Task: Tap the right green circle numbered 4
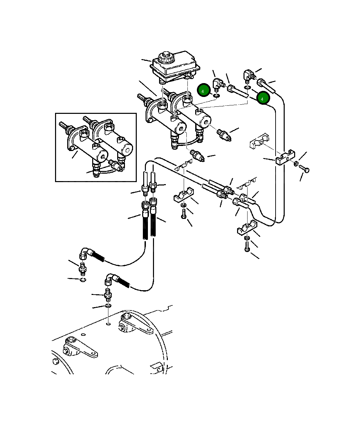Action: point(263,98)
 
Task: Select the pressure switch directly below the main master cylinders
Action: point(196,155)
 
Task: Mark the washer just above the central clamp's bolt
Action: point(183,205)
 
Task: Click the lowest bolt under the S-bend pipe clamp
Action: point(247,248)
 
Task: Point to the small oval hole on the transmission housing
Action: point(108,324)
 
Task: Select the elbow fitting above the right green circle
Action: point(249,75)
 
